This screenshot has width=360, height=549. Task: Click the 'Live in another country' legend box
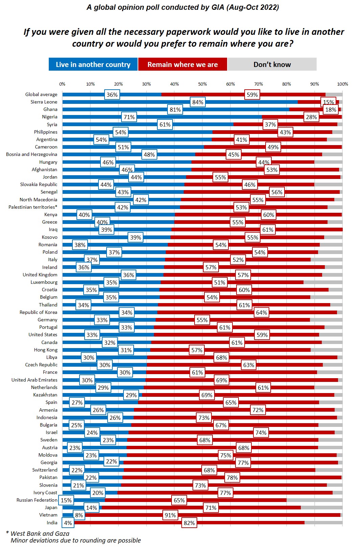coord(93,64)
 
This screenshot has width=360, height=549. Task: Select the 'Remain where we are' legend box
coord(182,64)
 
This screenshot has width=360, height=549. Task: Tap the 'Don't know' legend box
coord(272,64)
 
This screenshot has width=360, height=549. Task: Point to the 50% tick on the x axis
coord(202,84)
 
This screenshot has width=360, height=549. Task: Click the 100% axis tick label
coord(342,84)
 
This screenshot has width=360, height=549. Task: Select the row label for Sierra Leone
coord(44,102)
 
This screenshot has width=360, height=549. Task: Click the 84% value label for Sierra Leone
coord(198,102)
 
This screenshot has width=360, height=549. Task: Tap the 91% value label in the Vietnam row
coord(170,515)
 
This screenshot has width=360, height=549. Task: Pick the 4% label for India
coord(68,523)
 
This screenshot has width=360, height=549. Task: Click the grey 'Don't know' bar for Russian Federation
coord(314,500)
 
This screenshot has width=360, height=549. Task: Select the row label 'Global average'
coord(41,94)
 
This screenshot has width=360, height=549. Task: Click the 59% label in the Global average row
coord(252,95)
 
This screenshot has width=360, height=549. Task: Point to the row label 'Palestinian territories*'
coord(33,207)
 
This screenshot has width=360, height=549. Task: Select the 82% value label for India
coord(189,523)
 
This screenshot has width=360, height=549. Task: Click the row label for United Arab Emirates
coord(35,380)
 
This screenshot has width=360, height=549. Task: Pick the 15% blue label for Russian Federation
coord(66,500)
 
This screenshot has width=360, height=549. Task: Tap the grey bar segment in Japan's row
coord(321,507)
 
